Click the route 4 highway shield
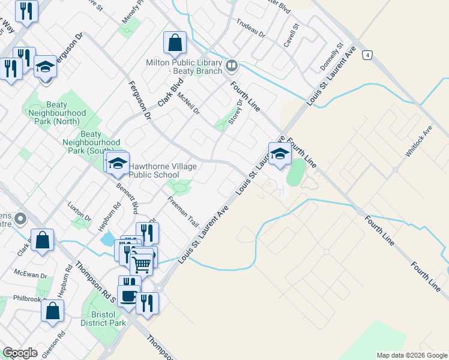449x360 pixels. pyautogui.click(x=366, y=55)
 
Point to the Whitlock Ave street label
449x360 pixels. pyautogui.click(x=418, y=142)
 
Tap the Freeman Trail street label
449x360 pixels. pyautogui.click(x=183, y=211)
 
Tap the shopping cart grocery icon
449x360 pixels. pyautogui.click(x=142, y=262)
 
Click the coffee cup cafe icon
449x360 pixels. pyautogui.click(x=128, y=295)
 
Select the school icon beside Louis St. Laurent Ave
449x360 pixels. pyautogui.click(x=279, y=154)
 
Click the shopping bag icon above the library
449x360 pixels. pyautogui.click(x=175, y=43)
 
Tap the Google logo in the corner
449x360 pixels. pyautogui.click(x=20, y=353)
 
